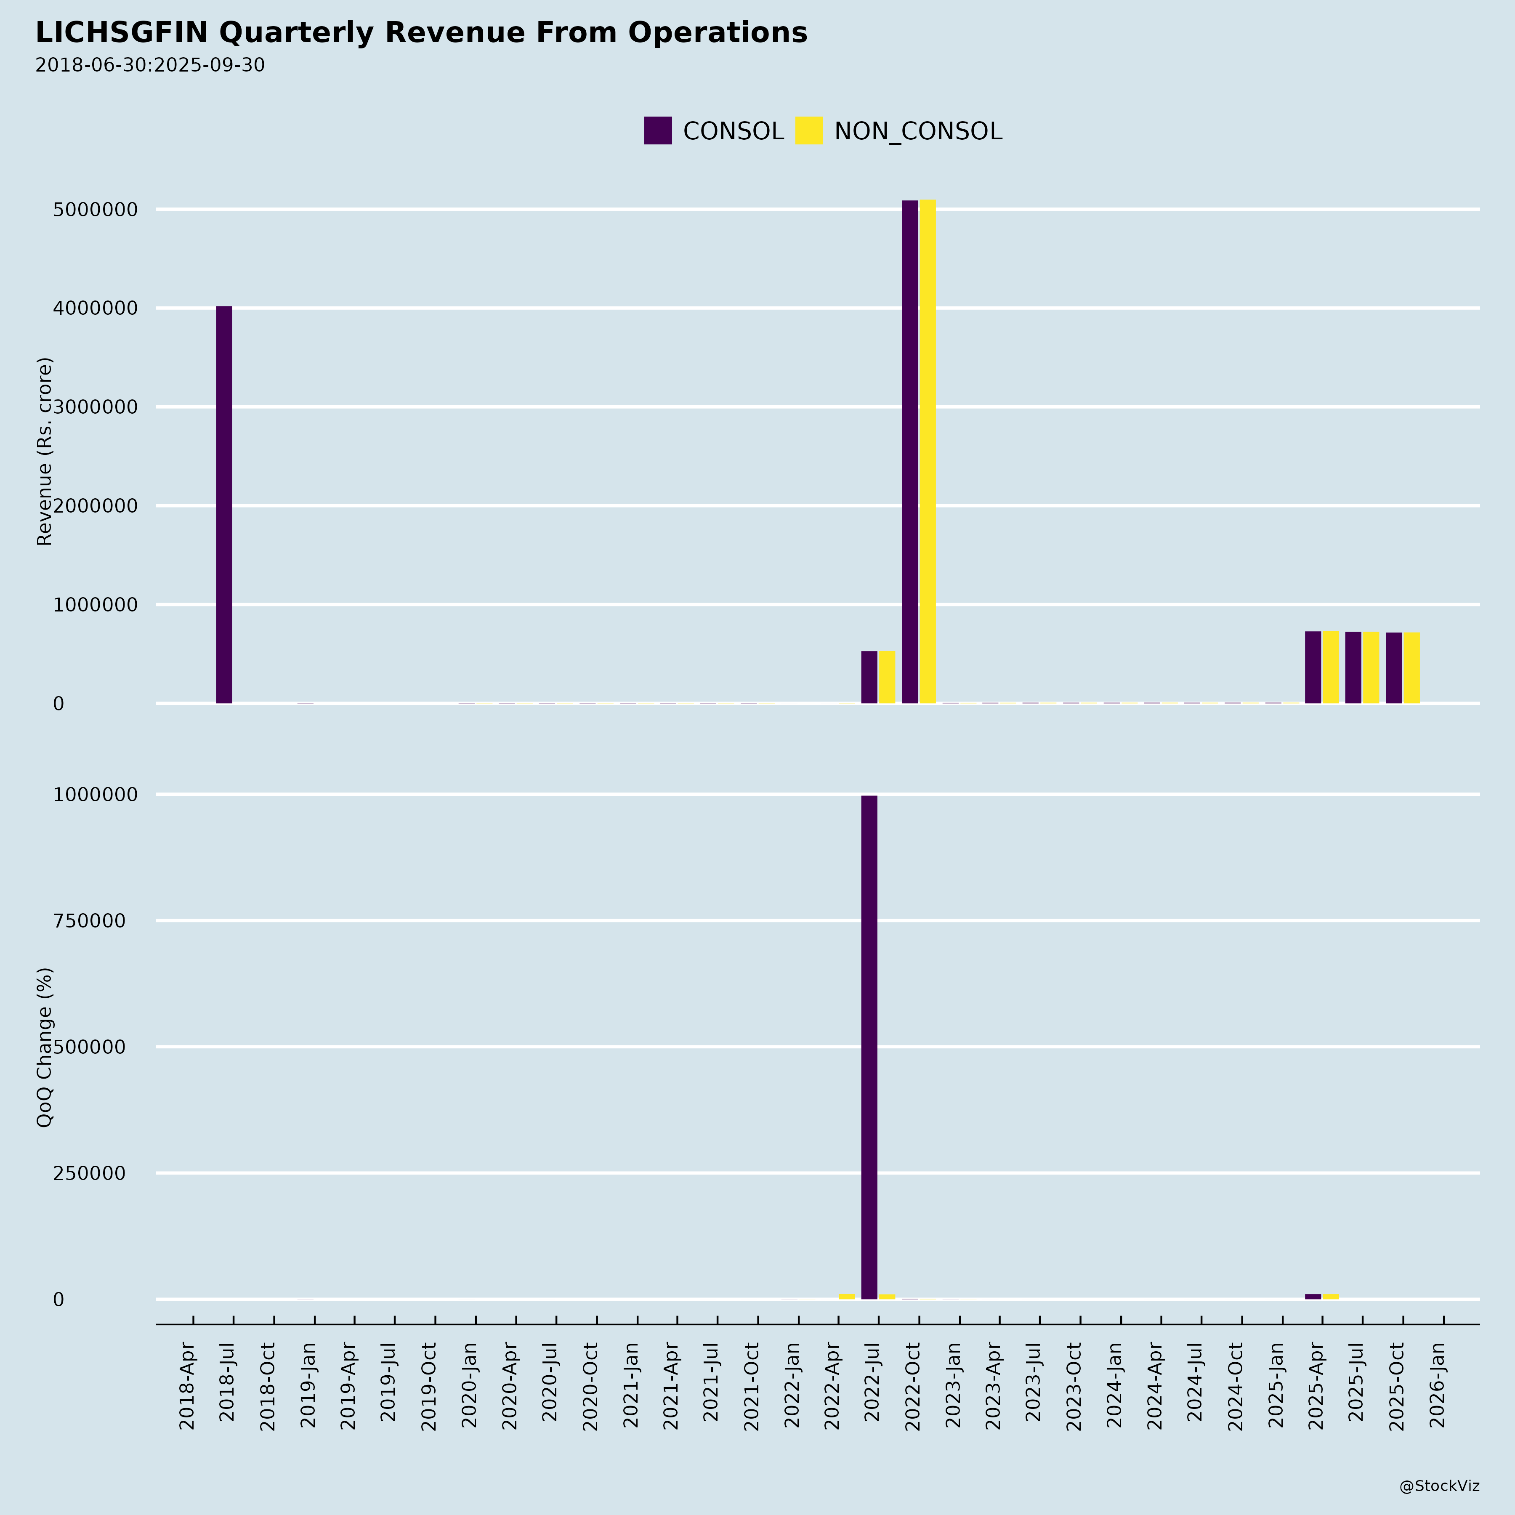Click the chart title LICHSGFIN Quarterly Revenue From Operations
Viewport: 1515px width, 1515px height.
(x=421, y=33)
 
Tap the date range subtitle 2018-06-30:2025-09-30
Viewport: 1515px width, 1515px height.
(x=150, y=65)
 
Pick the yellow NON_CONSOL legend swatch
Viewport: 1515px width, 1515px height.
(x=808, y=130)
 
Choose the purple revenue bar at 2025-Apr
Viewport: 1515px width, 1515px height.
(x=1313, y=667)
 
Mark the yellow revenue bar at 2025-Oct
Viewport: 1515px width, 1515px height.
(x=1411, y=668)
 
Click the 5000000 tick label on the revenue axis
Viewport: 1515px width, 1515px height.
(x=94, y=210)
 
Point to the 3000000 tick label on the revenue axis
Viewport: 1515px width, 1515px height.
(x=94, y=407)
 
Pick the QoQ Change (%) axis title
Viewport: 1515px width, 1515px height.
(x=45, y=1047)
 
